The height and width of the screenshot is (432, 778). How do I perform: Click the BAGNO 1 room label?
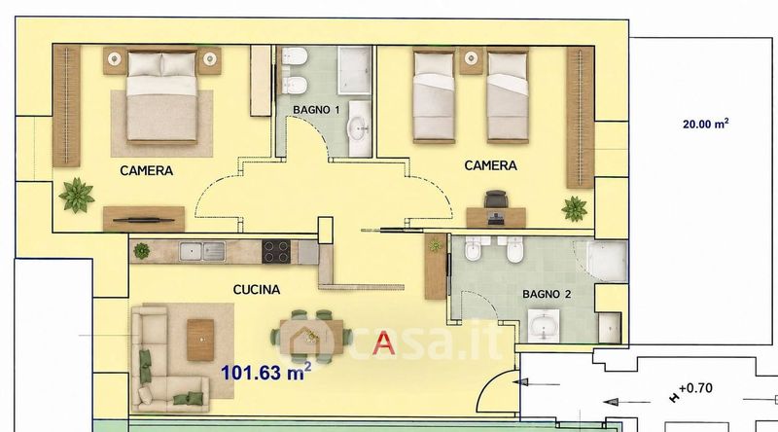tap(316, 110)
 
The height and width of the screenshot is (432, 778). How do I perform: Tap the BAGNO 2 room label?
tap(547, 294)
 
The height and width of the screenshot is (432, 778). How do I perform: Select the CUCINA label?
tap(257, 290)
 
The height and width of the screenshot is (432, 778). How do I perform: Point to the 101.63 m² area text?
tap(265, 372)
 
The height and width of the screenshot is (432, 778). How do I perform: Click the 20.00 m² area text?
tap(706, 124)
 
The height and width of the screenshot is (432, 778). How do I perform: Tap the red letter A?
tap(383, 342)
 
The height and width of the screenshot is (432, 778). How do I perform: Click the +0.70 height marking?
tap(695, 388)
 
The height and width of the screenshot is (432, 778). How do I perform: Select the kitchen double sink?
tap(202, 251)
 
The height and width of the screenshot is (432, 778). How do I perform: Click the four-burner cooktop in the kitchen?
tap(276, 251)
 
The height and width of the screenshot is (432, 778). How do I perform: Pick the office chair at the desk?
tap(497, 199)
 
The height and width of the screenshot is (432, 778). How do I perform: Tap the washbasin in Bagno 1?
tap(359, 128)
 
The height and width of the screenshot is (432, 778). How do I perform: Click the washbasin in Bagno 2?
tap(544, 326)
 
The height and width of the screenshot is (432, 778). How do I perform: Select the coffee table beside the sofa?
tap(200, 340)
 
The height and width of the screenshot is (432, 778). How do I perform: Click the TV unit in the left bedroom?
tap(144, 219)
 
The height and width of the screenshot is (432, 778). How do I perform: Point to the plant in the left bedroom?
tap(77, 196)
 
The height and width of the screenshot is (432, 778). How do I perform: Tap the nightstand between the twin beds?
tap(471, 60)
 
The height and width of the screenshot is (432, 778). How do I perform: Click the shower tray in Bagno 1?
tap(354, 70)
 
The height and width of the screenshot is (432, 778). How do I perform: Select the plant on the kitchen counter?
tap(141, 251)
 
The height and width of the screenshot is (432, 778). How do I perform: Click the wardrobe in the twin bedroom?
tap(581, 117)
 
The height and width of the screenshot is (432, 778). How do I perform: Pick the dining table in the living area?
tap(311, 337)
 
